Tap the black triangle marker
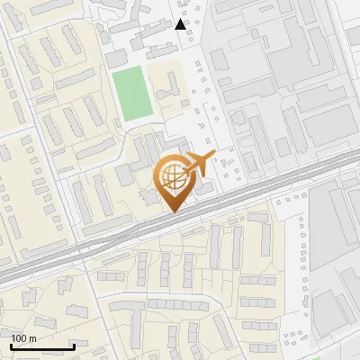coord(181,24)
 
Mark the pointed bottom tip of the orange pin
coord(172,211)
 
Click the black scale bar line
coord(42,347)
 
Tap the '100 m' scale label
coord(23,338)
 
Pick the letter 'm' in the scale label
coord(31,338)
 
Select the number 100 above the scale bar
coord(19,338)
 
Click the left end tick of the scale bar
coord(11,346)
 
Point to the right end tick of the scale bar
coord(74,346)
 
